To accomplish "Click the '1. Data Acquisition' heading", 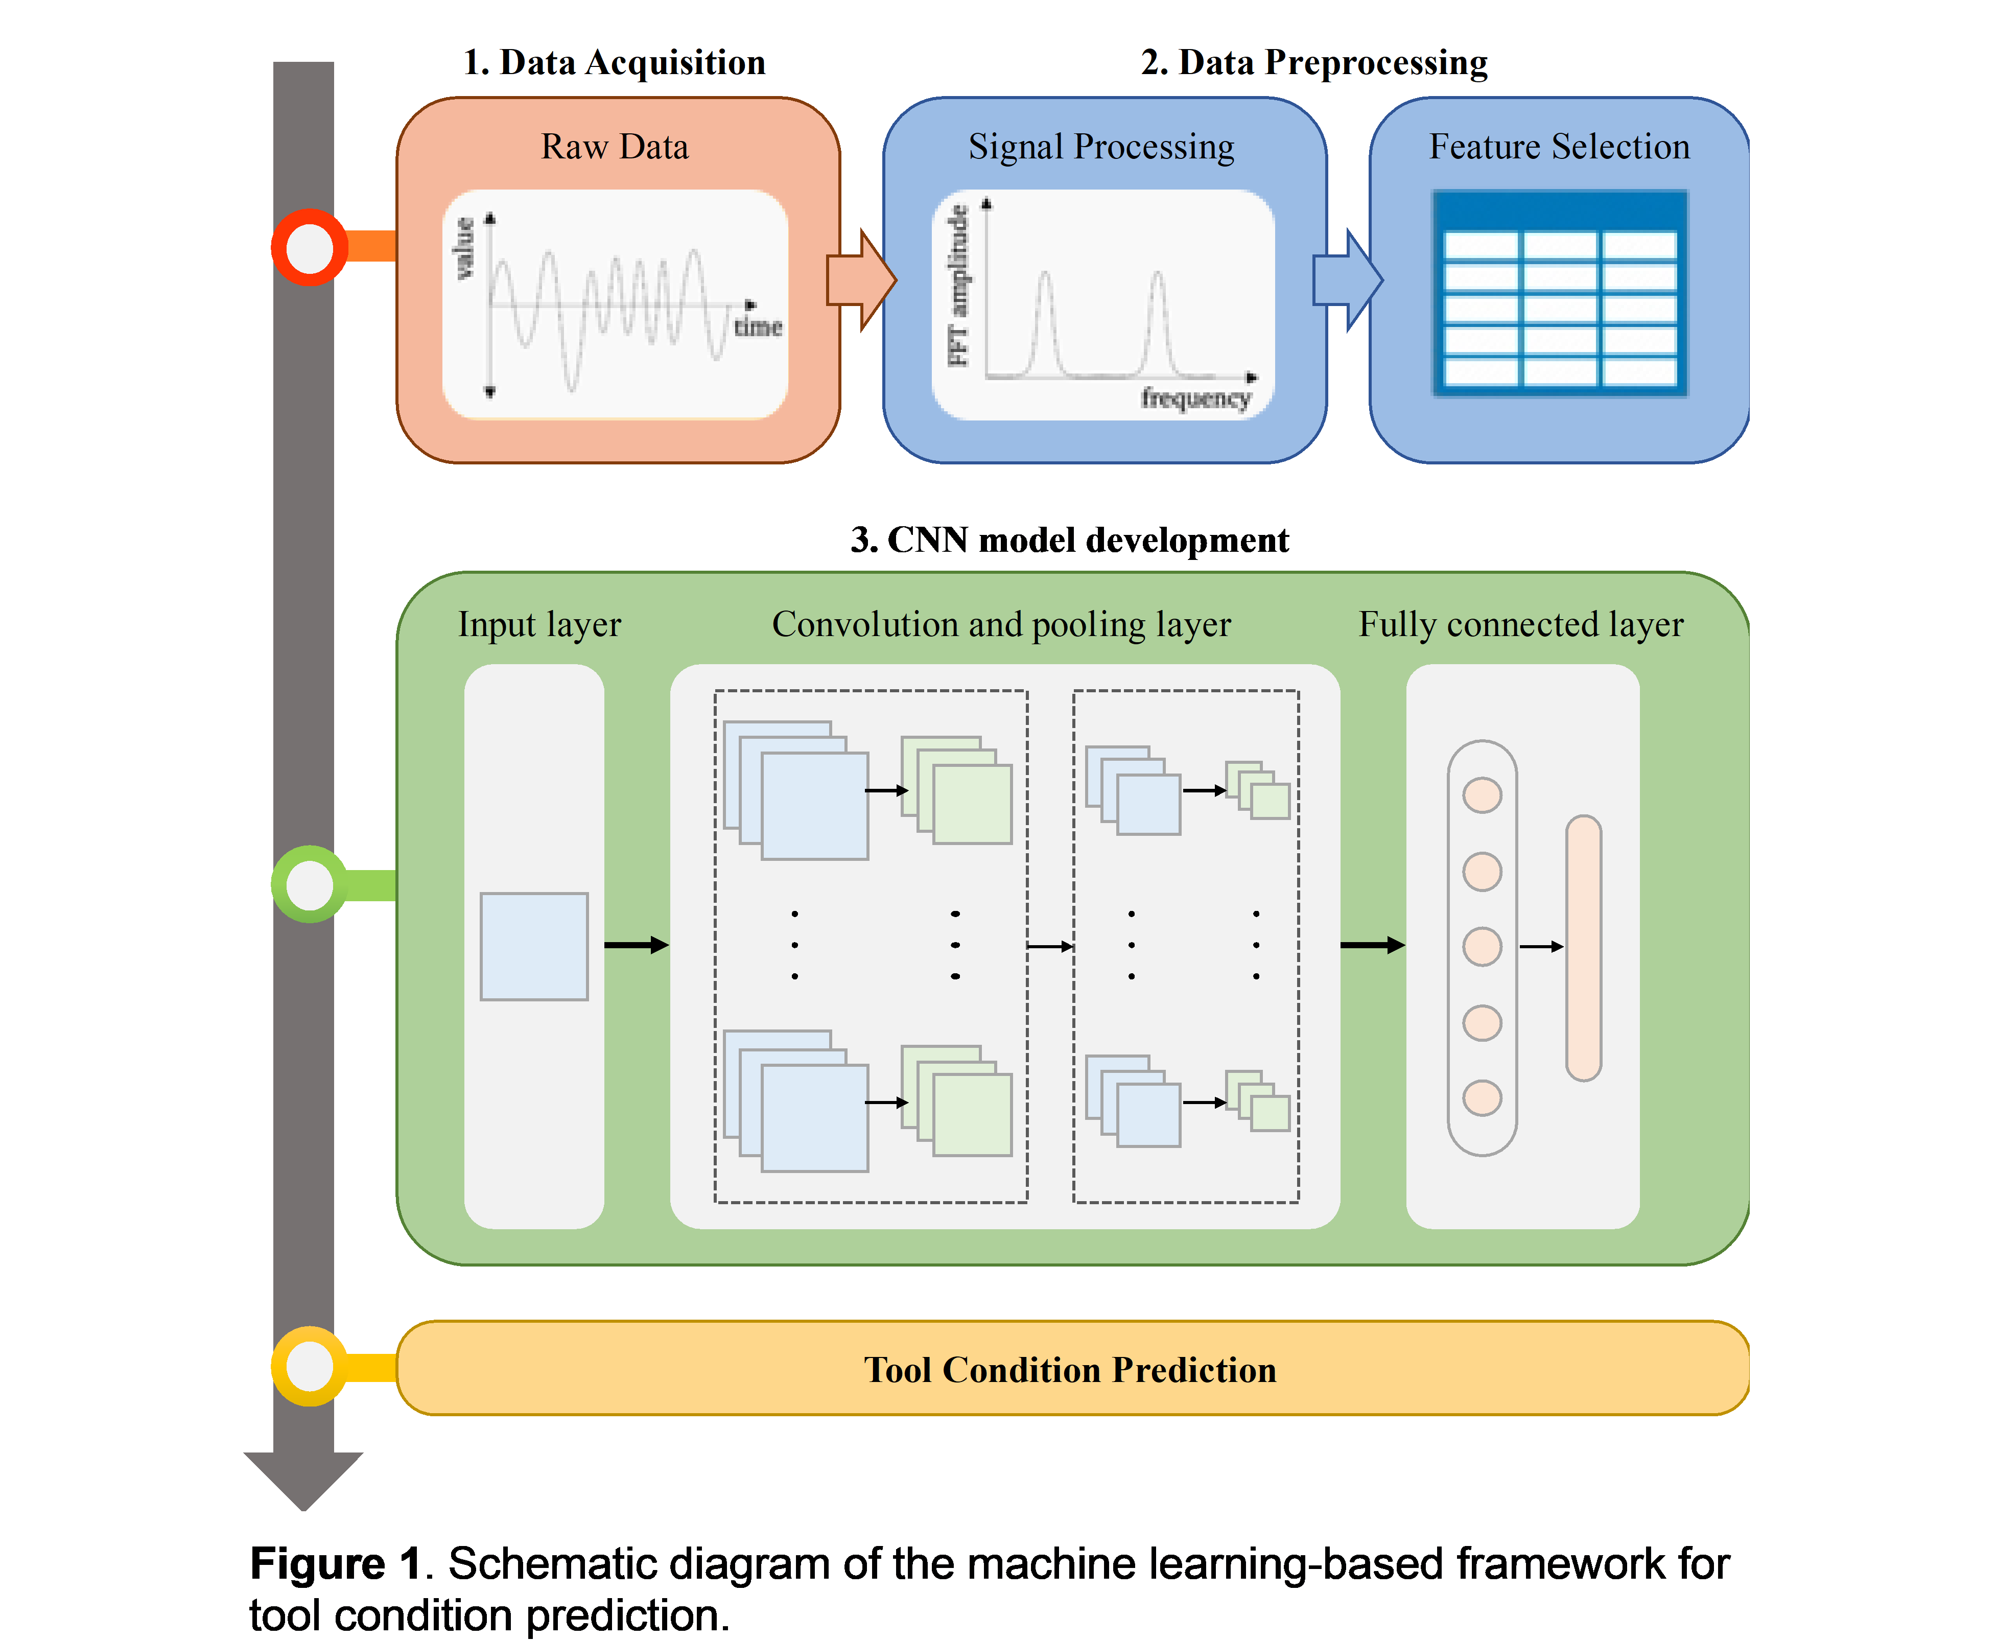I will click(615, 62).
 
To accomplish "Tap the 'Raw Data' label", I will click(615, 147).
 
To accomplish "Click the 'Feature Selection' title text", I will click(1559, 147).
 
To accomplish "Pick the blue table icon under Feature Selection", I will click(1560, 294).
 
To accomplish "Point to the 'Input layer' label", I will click(539, 624).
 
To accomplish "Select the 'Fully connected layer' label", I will click(1521, 624).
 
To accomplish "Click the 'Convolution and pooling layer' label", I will click(1001, 624).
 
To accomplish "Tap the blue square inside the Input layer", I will click(534, 946).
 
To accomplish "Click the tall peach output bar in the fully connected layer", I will click(1583, 948).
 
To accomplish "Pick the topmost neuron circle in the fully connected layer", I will click(1482, 794).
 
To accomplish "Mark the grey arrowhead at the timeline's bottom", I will click(303, 1479).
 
